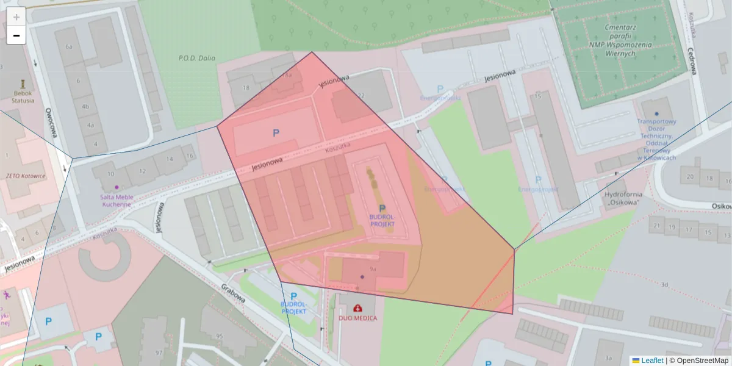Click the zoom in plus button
pyautogui.click(x=16, y=16)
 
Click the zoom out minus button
pyautogui.click(x=16, y=35)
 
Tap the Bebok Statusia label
pyautogui.click(x=23, y=97)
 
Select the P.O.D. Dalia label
pyautogui.click(x=196, y=59)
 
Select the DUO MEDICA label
pyautogui.click(x=357, y=318)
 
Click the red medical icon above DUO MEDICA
pyautogui.click(x=357, y=308)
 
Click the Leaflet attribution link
pyautogui.click(x=652, y=361)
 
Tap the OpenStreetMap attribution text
pyautogui.click(x=702, y=361)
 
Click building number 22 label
pyautogui.click(x=361, y=95)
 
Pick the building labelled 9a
pyautogui.click(x=373, y=268)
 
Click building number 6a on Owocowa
pyautogui.click(x=69, y=46)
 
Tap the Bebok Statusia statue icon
pyautogui.click(x=23, y=82)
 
